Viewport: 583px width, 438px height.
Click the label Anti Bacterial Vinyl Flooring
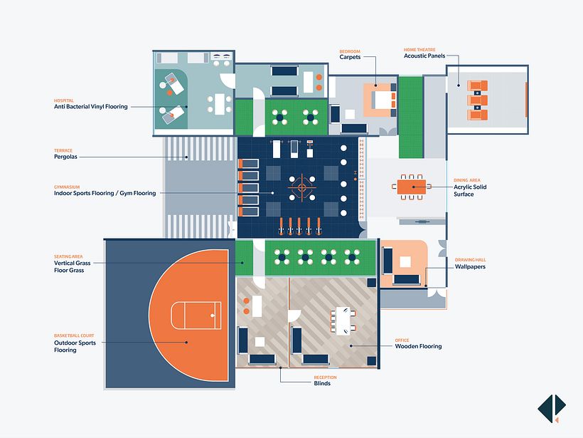click(91, 107)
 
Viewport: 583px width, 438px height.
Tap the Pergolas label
click(65, 157)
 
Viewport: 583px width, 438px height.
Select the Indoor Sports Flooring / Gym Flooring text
click(105, 193)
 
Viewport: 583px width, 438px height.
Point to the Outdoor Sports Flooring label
click(75, 346)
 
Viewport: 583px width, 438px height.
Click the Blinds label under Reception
click(321, 383)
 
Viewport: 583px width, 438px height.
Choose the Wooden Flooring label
click(418, 347)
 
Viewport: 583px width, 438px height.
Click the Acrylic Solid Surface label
click(470, 190)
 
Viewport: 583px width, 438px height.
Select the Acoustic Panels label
click(424, 56)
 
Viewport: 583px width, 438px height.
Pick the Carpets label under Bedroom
click(351, 57)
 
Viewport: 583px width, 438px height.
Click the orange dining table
click(410, 187)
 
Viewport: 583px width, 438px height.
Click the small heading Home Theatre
click(419, 50)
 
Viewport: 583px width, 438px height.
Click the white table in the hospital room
click(220, 104)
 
